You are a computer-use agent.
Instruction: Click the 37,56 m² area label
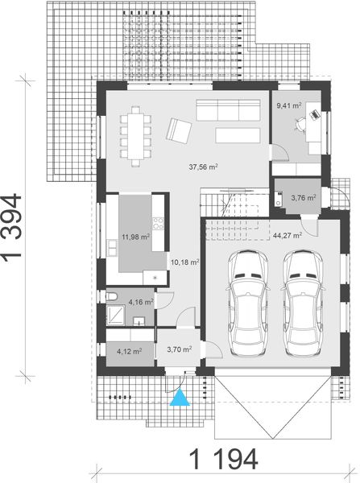[205, 167]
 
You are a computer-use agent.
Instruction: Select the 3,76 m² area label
[303, 196]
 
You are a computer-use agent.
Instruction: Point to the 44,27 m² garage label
[287, 236]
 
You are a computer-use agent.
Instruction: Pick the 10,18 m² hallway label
[184, 262]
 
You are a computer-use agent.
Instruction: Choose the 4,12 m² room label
[129, 351]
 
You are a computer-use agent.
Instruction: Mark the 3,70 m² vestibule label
[178, 349]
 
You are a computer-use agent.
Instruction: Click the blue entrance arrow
[183, 397]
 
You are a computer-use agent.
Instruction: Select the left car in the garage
[248, 301]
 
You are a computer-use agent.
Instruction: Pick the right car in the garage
[301, 301]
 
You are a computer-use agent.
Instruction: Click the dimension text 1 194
[224, 460]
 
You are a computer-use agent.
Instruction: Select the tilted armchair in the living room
[179, 130]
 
